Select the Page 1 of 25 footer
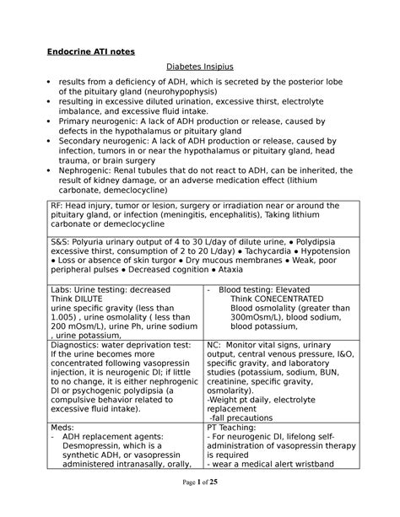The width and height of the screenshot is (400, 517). [200, 504]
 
